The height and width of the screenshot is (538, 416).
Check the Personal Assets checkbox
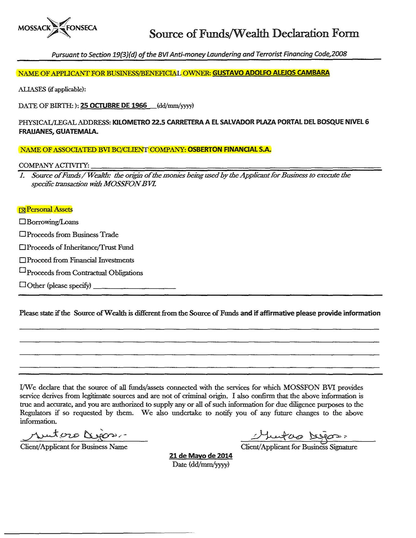[22, 210]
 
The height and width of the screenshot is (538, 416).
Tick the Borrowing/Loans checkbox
[22, 222]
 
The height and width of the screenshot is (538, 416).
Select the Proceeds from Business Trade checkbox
[22, 234]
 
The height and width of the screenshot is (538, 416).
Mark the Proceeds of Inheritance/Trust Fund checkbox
[22, 247]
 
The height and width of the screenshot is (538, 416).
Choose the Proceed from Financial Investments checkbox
[22, 260]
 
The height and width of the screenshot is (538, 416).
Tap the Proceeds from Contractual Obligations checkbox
[22, 270]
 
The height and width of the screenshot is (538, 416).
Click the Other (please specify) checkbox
[22, 285]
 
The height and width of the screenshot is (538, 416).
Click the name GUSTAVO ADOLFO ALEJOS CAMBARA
[271, 73]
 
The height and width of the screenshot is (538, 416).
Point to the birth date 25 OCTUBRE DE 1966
[113, 106]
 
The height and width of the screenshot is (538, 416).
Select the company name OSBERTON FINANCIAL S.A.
[229, 149]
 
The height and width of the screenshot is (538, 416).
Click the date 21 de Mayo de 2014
[201, 455]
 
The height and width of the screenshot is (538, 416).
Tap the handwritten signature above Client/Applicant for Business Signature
[299, 435]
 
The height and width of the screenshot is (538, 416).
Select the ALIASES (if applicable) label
[52, 89]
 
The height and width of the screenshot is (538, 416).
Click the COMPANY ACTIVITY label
[54, 165]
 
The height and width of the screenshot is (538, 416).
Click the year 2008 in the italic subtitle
[339, 54]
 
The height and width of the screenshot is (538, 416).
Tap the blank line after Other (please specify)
[134, 287]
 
